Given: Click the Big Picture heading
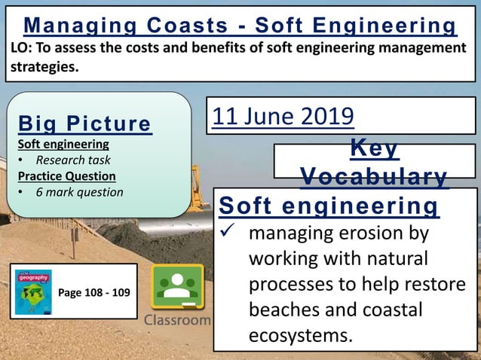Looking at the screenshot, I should (84, 124).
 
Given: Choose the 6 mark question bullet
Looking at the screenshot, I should (79, 191).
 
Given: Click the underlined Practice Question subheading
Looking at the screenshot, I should (66, 175).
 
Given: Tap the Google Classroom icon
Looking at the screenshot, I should (178, 287).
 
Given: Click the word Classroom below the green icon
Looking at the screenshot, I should (178, 320).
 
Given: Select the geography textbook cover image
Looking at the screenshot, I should (33, 291).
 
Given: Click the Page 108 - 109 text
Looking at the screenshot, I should (94, 291).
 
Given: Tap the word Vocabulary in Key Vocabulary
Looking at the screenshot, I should (374, 176).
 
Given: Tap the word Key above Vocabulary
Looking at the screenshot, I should (374, 149).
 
